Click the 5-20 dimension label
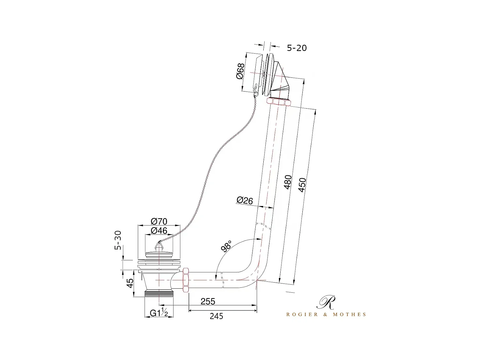pos(297,48)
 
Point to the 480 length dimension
pos(288,182)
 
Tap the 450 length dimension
pos(302,185)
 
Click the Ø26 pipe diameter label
pos(244,200)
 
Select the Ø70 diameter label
pos(159,221)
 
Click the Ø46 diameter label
pos(159,230)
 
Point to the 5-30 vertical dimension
pos(118,240)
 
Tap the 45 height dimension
pos(130,283)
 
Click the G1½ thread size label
pos(159,313)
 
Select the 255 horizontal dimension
pos(208,301)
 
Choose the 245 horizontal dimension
pos(216,316)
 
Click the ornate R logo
pos(326,302)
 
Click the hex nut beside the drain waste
pos(185,281)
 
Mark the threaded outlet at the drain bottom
pos(159,293)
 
